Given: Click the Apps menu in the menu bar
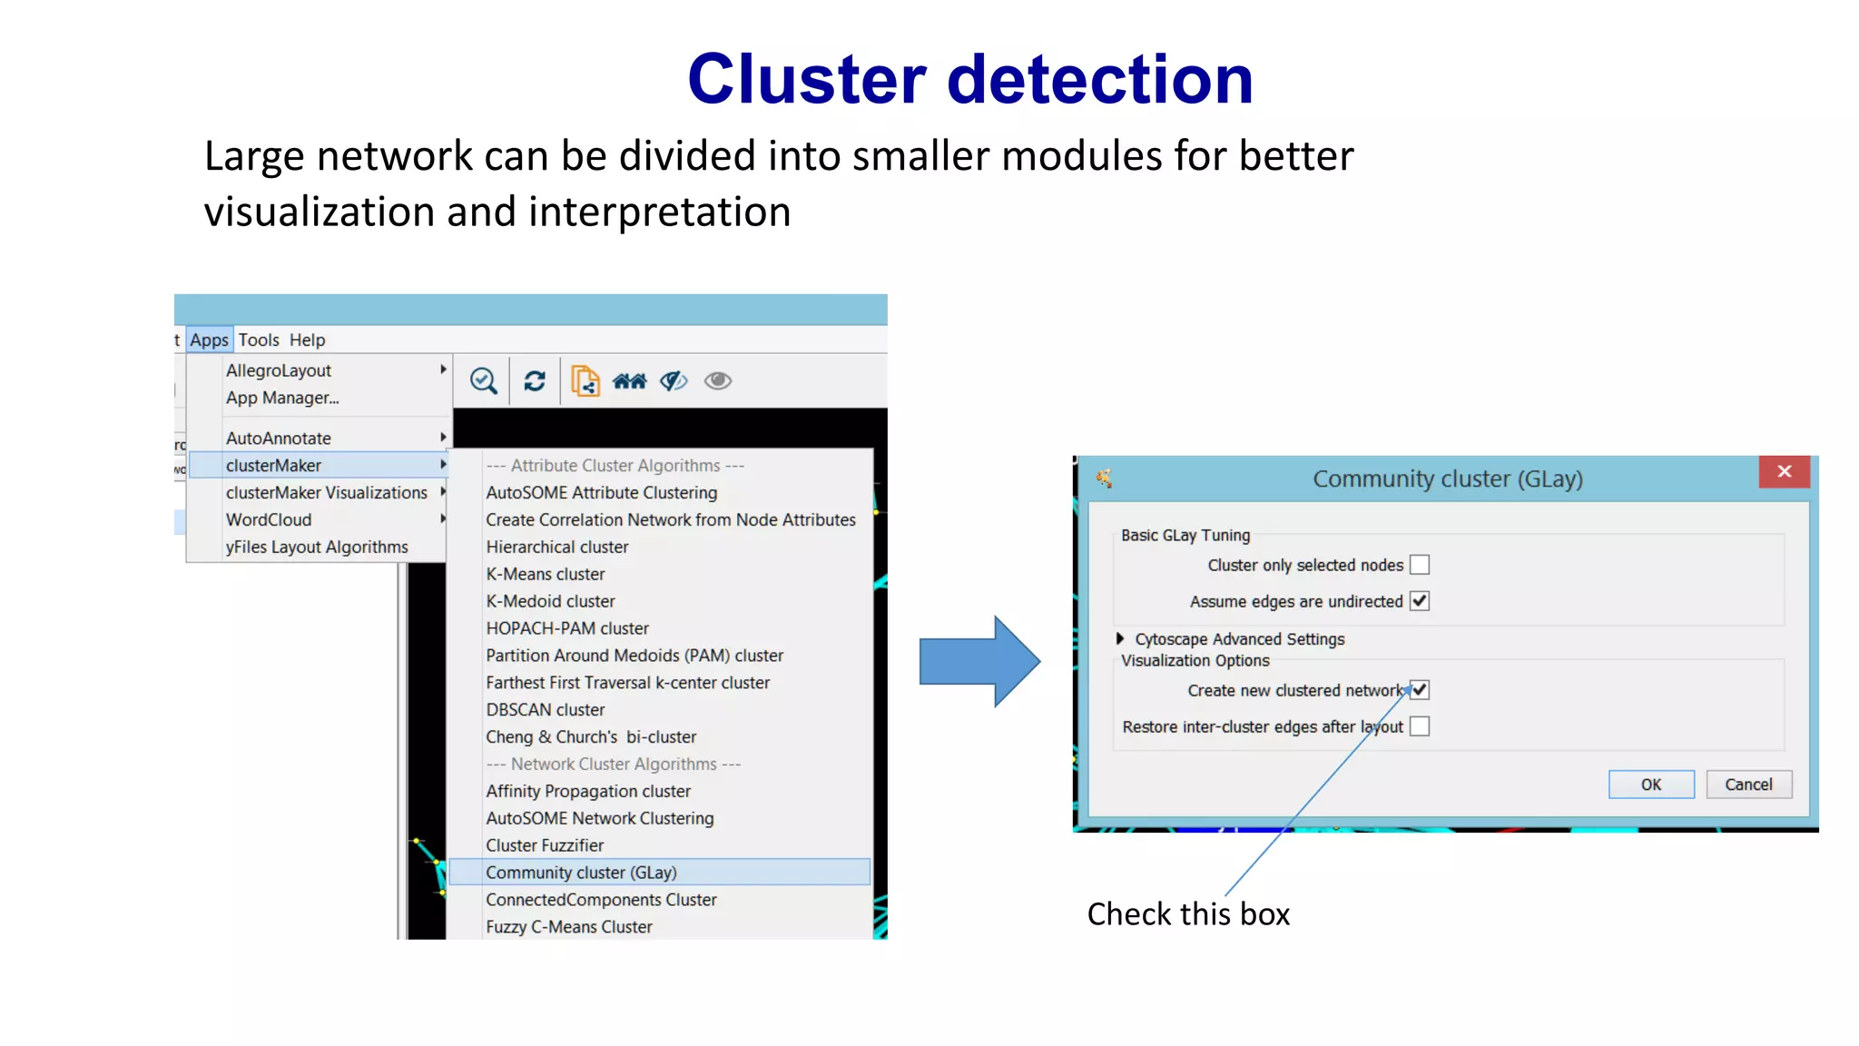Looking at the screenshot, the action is coord(209,340).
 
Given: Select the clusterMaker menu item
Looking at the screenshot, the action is coord(273,465).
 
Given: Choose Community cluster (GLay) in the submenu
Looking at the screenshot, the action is coord(581,873).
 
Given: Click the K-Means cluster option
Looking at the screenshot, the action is coord(545,574).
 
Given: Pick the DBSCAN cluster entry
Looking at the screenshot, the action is coord(545,710).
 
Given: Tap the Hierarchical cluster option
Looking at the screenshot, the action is coord(556,547).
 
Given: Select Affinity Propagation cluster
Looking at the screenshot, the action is coord(587,791).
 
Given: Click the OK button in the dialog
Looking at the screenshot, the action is coord(1650,784).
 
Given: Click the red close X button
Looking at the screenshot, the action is coord(1784,471).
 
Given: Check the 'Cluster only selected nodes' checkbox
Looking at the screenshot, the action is coord(1420,565).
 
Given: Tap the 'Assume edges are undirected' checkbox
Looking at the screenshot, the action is coord(1420,601).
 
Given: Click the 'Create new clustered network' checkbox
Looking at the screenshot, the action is coord(1420,690).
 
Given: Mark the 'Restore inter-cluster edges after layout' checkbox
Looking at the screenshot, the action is coord(1420,726).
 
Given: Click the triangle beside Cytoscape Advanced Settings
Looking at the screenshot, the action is coord(1120,639).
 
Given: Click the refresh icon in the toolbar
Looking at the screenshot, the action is coord(535,381).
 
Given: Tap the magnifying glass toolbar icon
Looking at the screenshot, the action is coord(483,381).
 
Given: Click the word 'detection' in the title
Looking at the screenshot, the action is coord(1099,79).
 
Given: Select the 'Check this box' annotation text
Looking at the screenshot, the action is coord(1188,913).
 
